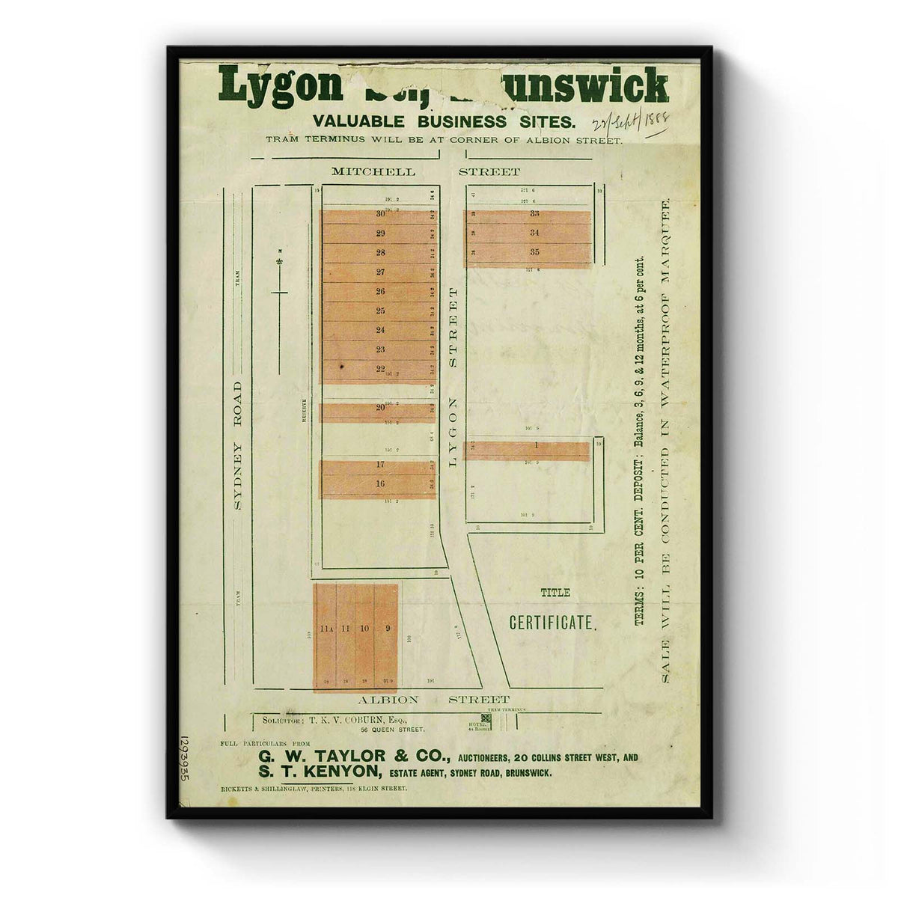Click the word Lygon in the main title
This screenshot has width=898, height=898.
coord(279,87)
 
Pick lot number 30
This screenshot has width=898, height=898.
coord(380,214)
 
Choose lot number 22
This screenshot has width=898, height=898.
coord(380,369)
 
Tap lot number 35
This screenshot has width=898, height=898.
coord(534,252)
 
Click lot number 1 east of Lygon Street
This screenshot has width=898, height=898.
coord(537,445)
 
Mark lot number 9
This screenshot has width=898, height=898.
coord(388,629)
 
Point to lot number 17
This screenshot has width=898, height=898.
coord(380,465)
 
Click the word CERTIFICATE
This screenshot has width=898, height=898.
coord(553,623)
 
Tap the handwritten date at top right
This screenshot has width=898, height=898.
coord(629,123)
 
